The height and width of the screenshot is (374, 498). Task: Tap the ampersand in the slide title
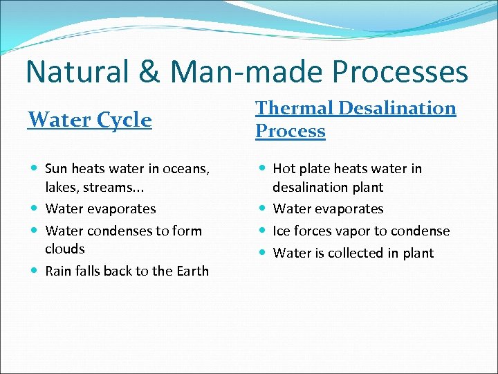156,73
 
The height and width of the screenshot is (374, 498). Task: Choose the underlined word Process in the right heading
290,131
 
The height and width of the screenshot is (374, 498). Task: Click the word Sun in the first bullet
57,168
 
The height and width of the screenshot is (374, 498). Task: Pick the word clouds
64,249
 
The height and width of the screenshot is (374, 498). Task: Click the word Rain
59,271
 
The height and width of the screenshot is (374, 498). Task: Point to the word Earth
192,271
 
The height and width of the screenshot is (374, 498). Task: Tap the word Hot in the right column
284,168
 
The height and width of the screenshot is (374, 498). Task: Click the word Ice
282,231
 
